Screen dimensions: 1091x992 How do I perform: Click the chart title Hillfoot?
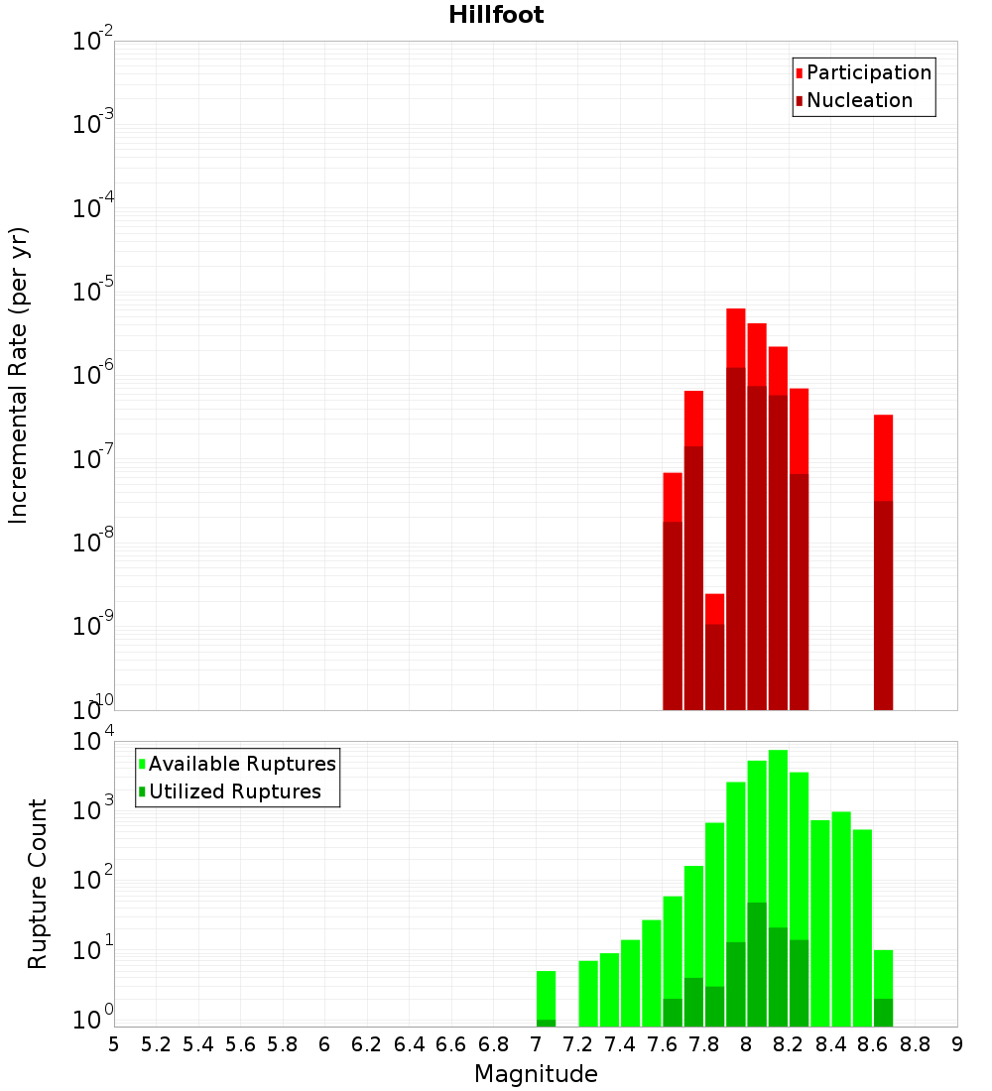point(496,15)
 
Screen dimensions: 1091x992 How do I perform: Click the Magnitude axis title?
point(536,1074)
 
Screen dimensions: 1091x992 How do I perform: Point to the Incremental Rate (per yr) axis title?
point(19,376)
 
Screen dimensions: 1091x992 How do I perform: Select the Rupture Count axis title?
point(38,884)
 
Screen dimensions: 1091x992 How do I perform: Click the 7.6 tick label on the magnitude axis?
point(663,1044)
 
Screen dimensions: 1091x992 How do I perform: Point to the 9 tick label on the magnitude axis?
point(957,1044)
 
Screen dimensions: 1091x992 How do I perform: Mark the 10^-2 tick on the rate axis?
point(93,42)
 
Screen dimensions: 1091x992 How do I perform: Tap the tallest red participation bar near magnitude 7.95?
point(735,337)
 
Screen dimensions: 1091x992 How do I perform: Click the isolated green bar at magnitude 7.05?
point(546,997)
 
